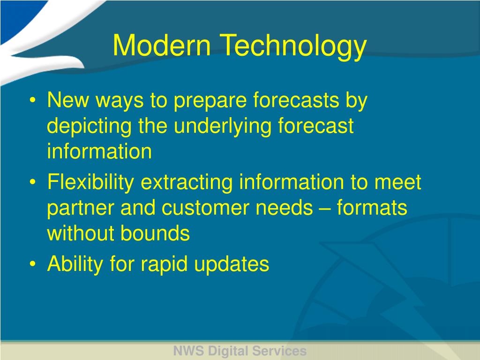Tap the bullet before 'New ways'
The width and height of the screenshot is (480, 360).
click(x=33, y=100)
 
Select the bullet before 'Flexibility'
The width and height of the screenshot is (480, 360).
click(x=33, y=182)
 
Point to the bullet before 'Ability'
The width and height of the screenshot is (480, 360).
click(x=33, y=263)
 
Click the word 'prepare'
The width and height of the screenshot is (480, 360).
click(x=210, y=101)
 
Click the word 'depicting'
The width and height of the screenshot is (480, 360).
click(x=89, y=127)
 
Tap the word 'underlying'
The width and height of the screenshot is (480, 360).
click(x=223, y=127)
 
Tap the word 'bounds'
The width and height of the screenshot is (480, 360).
click(x=155, y=233)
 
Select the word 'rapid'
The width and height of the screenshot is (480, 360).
click(x=164, y=265)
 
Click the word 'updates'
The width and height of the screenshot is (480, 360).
click(x=232, y=265)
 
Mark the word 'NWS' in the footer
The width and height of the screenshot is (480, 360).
click(x=188, y=351)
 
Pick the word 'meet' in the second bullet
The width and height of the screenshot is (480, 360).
click(x=397, y=182)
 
